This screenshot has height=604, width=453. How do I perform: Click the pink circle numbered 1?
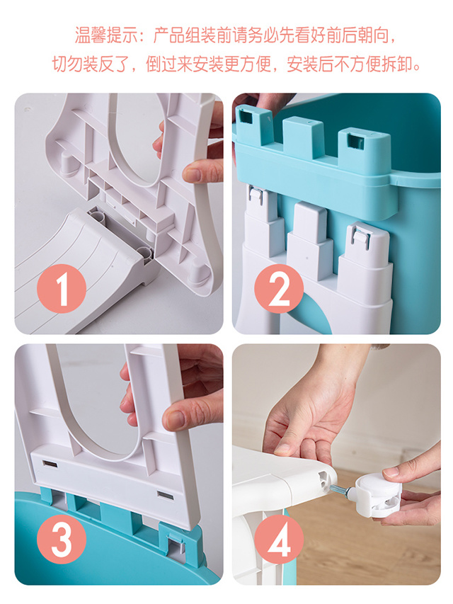click(x=62, y=288)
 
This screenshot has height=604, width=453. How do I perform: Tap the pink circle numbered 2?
click(x=279, y=288)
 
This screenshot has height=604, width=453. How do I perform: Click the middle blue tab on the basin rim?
click(x=302, y=138)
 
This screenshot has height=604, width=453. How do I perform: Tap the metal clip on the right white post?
click(x=361, y=236)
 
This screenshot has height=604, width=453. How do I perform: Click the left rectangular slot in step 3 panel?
click(x=50, y=464)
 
